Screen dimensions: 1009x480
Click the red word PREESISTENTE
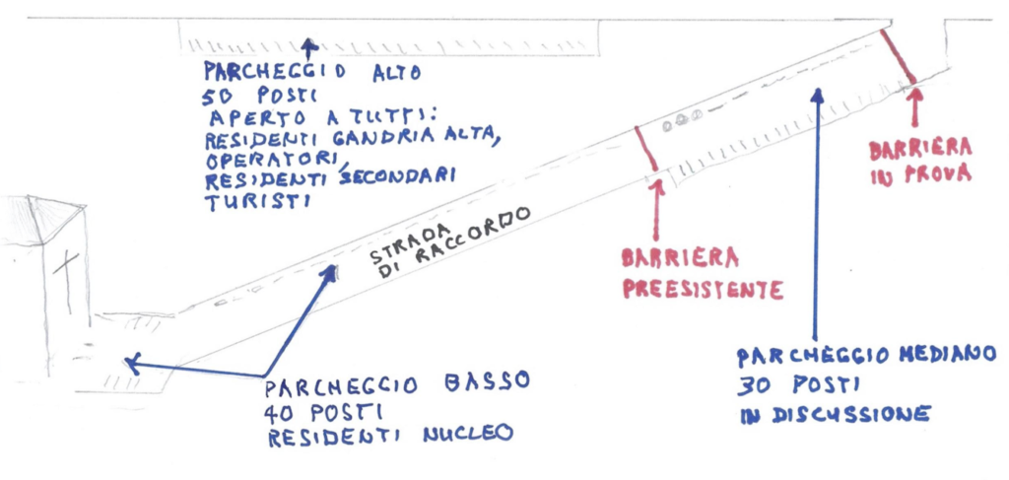pyautogui.click(x=703, y=290)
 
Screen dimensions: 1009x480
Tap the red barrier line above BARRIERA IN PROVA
pyautogui.click(x=897, y=56)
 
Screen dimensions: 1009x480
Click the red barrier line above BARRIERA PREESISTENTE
pyautogui.click(x=646, y=149)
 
